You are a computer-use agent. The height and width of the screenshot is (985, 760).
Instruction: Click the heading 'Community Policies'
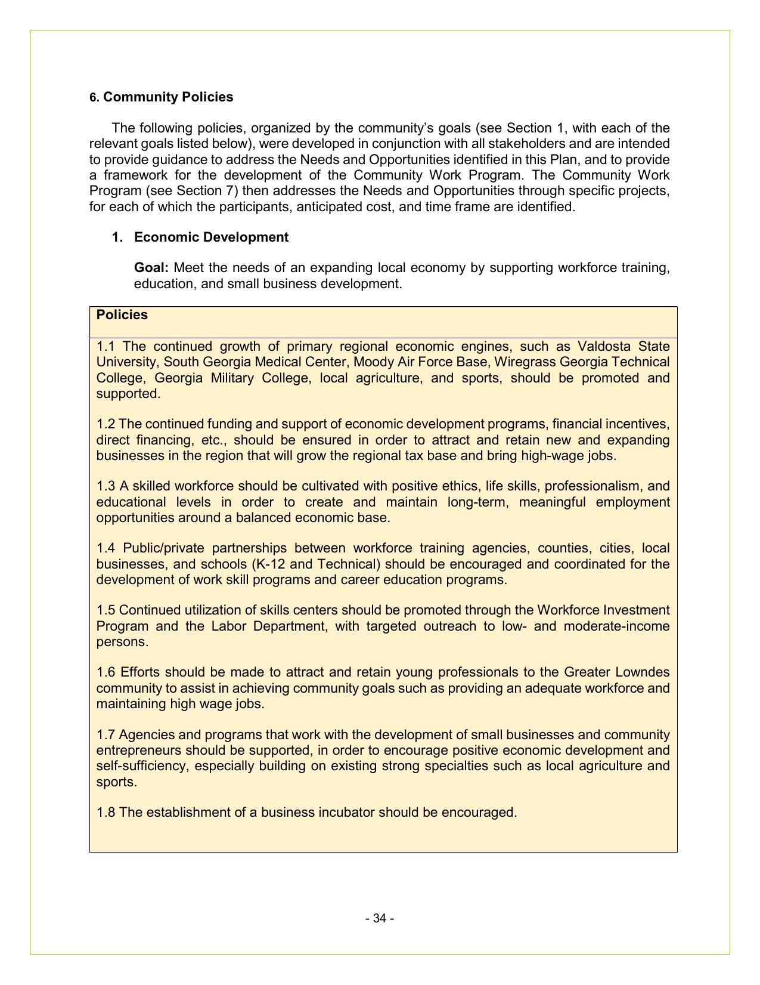pyautogui.click(x=168, y=97)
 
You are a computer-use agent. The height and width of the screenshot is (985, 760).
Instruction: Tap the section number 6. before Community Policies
pyautogui.click(x=94, y=98)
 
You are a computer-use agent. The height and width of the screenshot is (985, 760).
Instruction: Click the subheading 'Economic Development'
pyautogui.click(x=211, y=237)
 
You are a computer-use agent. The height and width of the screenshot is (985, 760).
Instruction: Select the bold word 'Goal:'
pyautogui.click(x=151, y=268)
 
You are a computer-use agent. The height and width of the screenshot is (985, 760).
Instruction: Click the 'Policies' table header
pyautogui.click(x=122, y=315)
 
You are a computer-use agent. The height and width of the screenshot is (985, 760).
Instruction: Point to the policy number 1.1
pyautogui.click(x=106, y=347)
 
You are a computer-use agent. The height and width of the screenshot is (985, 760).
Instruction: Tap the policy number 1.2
pyautogui.click(x=106, y=424)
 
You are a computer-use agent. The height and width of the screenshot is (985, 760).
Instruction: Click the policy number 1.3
pyautogui.click(x=106, y=486)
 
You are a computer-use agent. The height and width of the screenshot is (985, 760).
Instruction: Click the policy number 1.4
pyautogui.click(x=106, y=548)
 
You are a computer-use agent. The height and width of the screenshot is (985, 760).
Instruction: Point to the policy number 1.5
pyautogui.click(x=106, y=610)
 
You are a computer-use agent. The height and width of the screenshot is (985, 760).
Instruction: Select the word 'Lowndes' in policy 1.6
pyautogui.click(x=646, y=672)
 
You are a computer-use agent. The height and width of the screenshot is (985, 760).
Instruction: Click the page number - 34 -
pyautogui.click(x=380, y=919)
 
